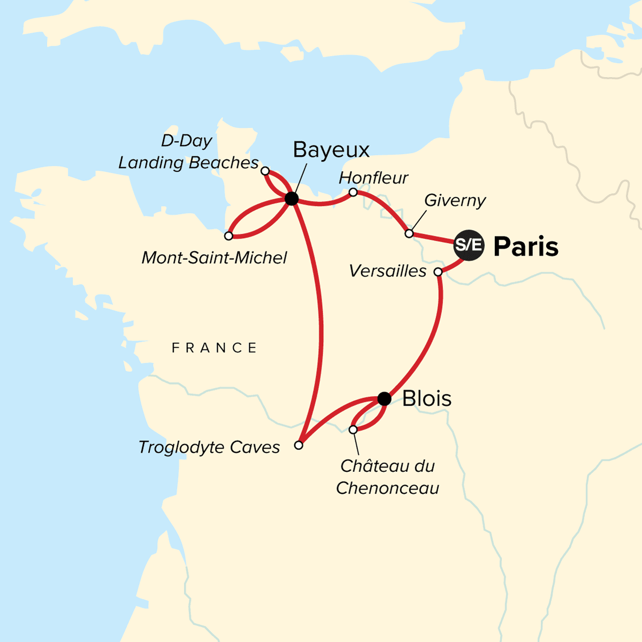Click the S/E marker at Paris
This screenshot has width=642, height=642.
pos(469,246)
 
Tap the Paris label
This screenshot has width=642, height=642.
pos(526,247)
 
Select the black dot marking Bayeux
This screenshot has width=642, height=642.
pos(291,199)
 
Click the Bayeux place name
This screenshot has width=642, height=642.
pos(331,150)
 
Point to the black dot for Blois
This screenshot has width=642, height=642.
pos(384,399)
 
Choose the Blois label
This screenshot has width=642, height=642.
pos(427,399)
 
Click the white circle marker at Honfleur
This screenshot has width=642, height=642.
pos(353,192)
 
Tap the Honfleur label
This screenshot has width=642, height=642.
pos(374,178)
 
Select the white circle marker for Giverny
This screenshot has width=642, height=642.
pos(409,234)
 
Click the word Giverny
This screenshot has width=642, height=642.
pos(455,201)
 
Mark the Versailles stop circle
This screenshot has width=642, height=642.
pos(438,272)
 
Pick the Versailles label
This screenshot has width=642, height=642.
pos(388,271)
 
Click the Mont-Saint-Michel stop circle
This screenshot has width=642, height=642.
pos(228,236)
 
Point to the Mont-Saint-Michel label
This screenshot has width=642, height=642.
pos(214,258)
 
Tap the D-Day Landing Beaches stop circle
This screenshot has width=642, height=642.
pos(265,171)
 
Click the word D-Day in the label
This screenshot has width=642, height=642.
pos(187,141)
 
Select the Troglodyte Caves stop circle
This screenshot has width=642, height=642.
pos(299,445)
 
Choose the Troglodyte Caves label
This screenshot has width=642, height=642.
pos(209,447)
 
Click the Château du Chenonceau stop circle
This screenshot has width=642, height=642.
pos(353,430)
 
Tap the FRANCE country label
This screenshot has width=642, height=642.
pos(214,348)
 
